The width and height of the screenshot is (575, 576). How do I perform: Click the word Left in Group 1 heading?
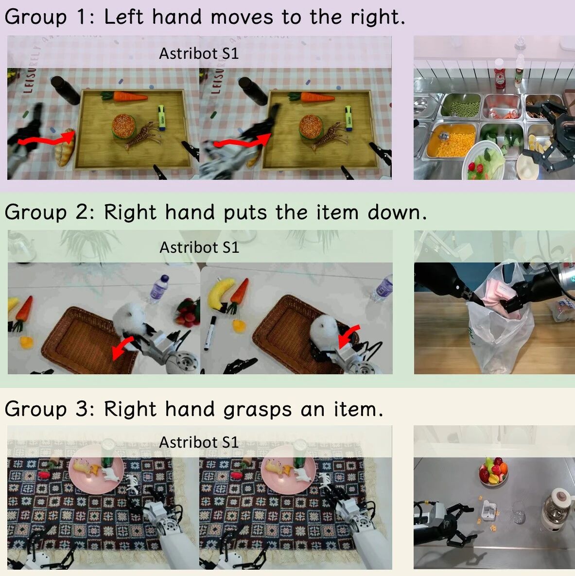(x=124, y=17)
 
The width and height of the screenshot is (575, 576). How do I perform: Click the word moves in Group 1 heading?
(x=242, y=17)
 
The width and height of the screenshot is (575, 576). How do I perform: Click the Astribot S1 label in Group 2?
(x=199, y=247)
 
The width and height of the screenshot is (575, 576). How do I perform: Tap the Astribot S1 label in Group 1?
(x=199, y=53)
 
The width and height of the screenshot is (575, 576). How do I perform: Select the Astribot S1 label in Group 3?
(x=199, y=442)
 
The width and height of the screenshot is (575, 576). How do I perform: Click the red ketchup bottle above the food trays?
(x=500, y=74)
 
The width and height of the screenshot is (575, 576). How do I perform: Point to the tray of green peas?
(x=463, y=106)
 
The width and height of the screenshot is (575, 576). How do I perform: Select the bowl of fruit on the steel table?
(x=493, y=471)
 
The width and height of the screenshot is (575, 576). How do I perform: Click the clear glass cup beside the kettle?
(x=519, y=513)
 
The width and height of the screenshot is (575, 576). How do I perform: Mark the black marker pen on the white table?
(x=210, y=332)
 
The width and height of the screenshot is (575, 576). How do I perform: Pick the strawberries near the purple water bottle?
(x=188, y=312)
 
